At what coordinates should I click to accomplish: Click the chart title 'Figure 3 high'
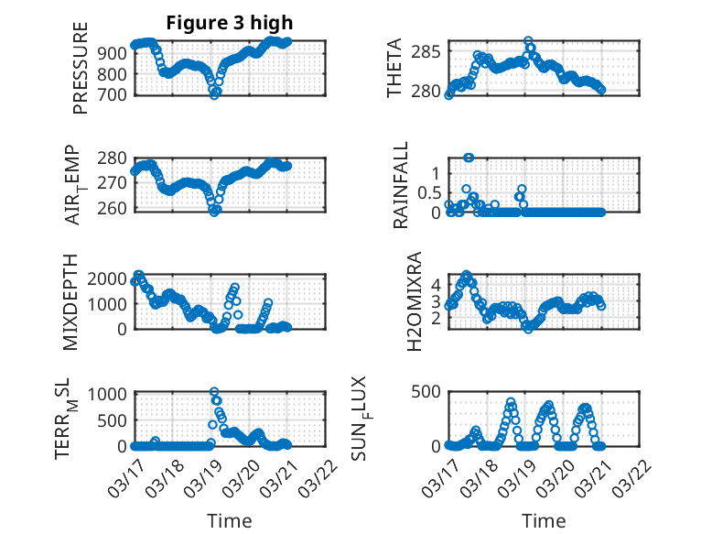pos(229,22)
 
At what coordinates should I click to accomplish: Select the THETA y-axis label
pos(394,69)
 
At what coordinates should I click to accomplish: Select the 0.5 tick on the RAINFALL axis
pos(427,192)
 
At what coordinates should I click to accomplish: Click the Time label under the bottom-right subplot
pos(544,520)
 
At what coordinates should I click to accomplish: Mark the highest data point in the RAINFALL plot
pos(469,158)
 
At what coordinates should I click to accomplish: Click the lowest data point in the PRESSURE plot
pos(214,94)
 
